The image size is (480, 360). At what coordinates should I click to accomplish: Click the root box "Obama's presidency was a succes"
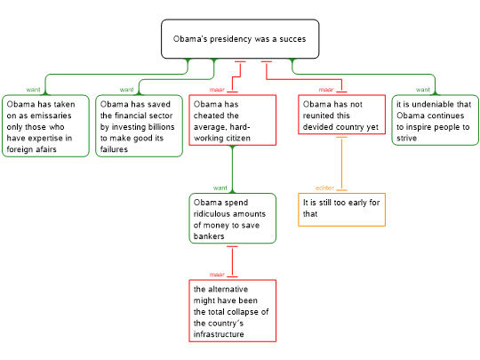point(240,39)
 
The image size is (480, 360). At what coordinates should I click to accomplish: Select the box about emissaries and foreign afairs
point(45,126)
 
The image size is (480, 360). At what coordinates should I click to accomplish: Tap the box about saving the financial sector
point(140,126)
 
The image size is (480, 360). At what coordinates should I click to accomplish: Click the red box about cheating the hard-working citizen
point(233,120)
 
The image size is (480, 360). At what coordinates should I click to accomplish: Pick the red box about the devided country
point(341,115)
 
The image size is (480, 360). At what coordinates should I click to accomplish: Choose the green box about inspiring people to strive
point(435,120)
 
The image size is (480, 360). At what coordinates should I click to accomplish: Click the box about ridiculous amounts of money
point(233,219)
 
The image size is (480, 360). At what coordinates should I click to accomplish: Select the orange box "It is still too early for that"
point(341,210)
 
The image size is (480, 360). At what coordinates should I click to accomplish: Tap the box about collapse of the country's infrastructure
point(233,311)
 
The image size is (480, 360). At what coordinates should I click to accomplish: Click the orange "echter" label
point(324,188)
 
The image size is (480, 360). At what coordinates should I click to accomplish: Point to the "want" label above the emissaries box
point(33,90)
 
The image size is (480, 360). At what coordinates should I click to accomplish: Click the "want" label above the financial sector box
point(127,90)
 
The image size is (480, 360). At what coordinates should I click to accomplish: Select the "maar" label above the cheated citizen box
point(217,90)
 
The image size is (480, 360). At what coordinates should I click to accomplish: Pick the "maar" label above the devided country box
point(326,90)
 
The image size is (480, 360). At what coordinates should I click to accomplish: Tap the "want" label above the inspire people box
point(423,90)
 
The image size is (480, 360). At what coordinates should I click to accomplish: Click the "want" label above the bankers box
point(220,188)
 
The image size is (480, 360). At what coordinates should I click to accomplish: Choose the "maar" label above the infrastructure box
point(217,275)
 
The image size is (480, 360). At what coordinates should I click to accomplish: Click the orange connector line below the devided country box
point(341,164)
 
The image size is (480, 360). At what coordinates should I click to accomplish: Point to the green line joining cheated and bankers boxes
point(233,169)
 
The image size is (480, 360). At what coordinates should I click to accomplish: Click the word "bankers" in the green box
point(209,236)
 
